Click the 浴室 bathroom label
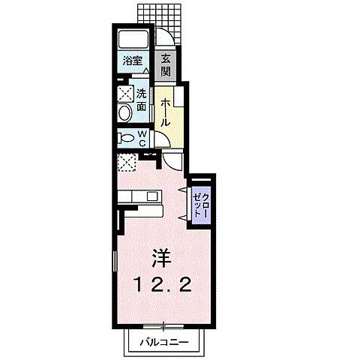pyautogui.click(x=133, y=61)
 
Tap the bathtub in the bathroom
pyautogui.click(x=133, y=39)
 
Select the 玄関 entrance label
pyautogui.click(x=166, y=65)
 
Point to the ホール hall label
pyautogui.click(x=165, y=112)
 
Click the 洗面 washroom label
pyautogui.click(x=141, y=100)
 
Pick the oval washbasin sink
pyautogui.click(x=125, y=114)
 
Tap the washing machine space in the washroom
pyautogui.click(x=125, y=94)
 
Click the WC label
pyautogui.click(x=142, y=139)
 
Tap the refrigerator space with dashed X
pyautogui.click(x=127, y=163)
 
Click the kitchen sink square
pyautogui.click(x=152, y=196)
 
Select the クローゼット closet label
pyautogui.click(x=201, y=205)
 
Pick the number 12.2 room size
pyautogui.click(x=163, y=285)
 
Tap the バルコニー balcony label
pyautogui.click(x=163, y=342)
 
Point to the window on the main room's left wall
pyautogui.click(x=115, y=261)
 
